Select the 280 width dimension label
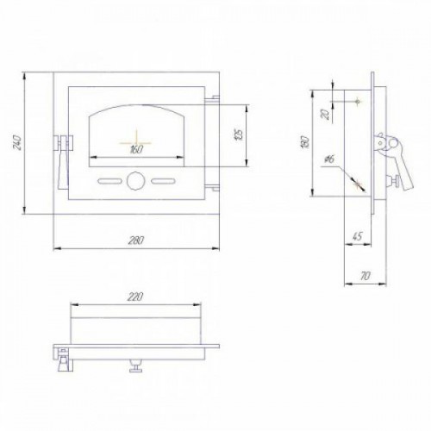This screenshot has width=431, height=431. click(x=135, y=240)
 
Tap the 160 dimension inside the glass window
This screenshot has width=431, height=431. click(x=136, y=150)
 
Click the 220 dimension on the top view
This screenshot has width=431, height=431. click(x=135, y=297)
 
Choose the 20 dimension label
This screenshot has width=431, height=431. click(x=326, y=115)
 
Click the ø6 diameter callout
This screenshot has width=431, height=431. click(x=330, y=159)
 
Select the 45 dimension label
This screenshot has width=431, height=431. click(x=356, y=236)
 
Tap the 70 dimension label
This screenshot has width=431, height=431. click(x=365, y=276)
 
